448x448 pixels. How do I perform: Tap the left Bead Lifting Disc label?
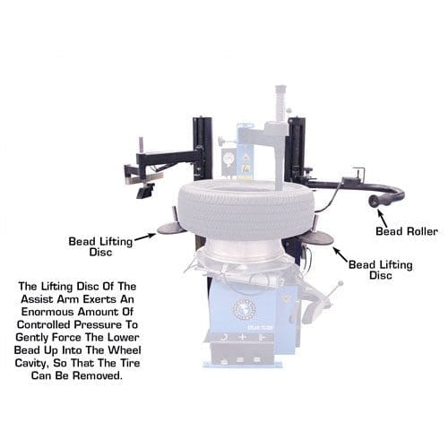click(99, 246)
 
